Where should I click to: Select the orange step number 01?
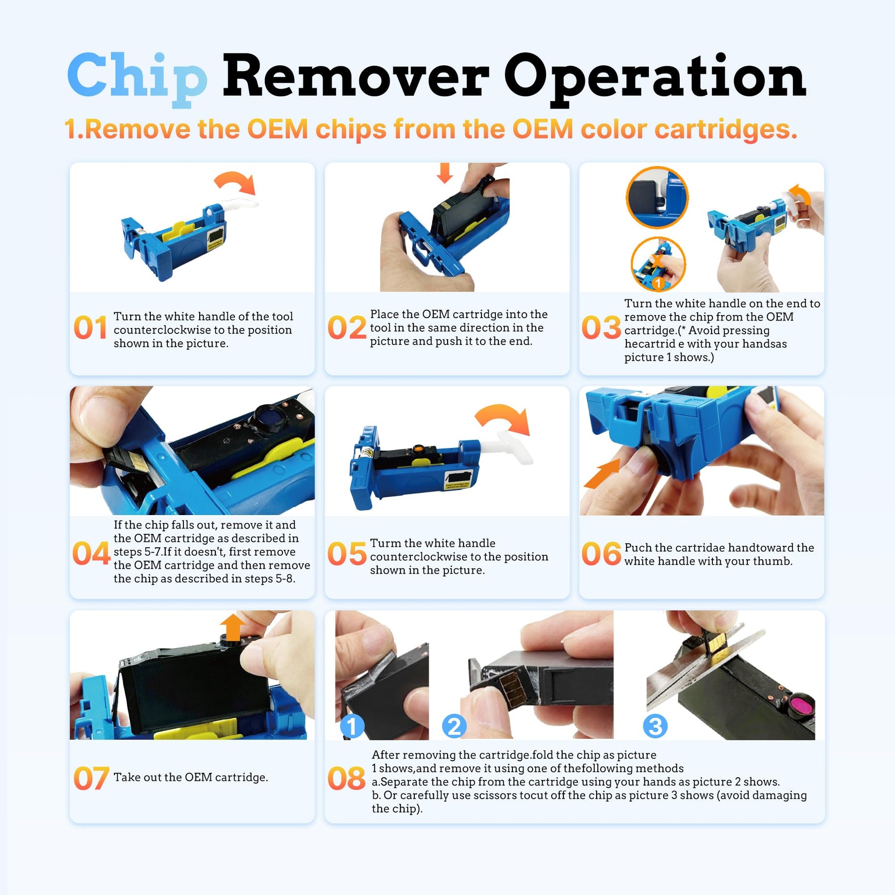(90, 327)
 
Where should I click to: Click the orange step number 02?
(346, 327)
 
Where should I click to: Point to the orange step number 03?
(601, 327)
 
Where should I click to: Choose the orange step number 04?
(91, 554)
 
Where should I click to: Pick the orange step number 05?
(346, 554)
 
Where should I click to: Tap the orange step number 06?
(601, 554)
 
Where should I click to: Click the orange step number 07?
(91, 778)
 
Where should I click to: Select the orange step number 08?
(346, 778)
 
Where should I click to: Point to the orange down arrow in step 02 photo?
(445, 172)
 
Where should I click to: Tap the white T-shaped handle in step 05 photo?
(515, 446)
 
